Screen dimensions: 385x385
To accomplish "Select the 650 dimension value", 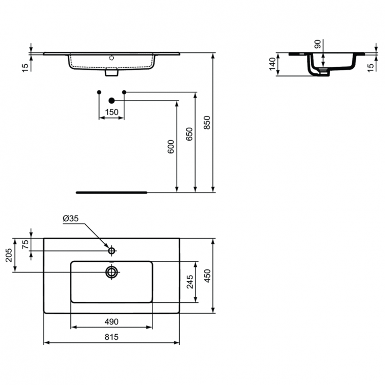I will pyautogui.click(x=189, y=134).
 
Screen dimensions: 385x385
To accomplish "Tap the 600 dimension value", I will pyautogui.click(x=171, y=147).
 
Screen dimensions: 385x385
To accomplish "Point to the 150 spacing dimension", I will pyautogui.click(x=111, y=112).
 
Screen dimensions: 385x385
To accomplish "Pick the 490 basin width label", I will pyautogui.click(x=111, y=321).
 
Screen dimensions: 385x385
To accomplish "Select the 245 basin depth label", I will pyautogui.click(x=189, y=282).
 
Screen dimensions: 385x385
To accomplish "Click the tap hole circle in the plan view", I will pyautogui.click(x=111, y=251).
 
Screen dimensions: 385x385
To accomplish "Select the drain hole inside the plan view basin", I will pyautogui.click(x=111, y=272).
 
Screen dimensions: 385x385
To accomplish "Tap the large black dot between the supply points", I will pyautogui.click(x=111, y=101).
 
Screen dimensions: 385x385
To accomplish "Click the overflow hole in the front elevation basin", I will pyautogui.click(x=111, y=58).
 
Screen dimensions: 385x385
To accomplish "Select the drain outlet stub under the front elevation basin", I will pyautogui.click(x=111, y=73).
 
